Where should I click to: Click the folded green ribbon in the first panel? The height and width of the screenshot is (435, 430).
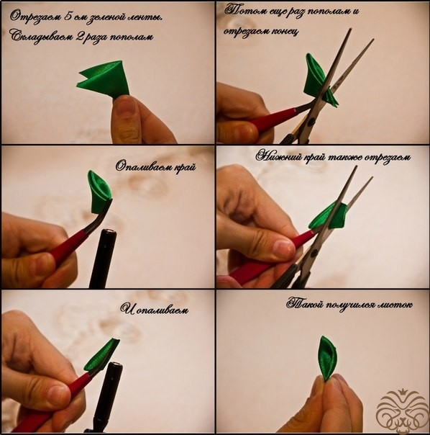105,79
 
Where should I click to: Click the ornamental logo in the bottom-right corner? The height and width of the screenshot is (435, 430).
398,411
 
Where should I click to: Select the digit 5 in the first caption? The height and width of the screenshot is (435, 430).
68,17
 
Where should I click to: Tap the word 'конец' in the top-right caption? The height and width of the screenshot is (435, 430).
285,32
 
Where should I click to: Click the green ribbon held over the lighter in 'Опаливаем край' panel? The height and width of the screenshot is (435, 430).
100,191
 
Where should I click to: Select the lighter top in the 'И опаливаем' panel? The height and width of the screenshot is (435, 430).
115,367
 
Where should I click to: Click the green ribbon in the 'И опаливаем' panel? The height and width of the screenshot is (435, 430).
101,355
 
